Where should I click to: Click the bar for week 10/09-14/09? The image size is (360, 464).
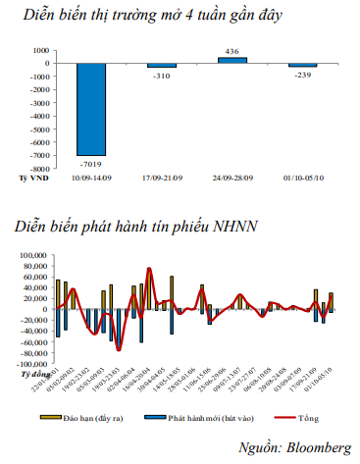(x=91, y=109)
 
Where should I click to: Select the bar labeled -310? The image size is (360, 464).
(x=162, y=65)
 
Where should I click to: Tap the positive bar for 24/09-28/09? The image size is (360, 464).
(x=232, y=60)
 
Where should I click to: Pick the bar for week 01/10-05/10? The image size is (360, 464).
(x=302, y=65)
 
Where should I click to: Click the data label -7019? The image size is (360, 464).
(x=91, y=163)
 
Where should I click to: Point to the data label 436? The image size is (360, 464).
(x=232, y=50)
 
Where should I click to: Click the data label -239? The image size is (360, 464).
(x=302, y=75)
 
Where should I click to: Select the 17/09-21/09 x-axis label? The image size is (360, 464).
(x=162, y=177)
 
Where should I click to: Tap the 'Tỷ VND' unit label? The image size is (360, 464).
(x=34, y=177)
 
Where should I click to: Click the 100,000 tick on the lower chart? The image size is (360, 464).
(x=33, y=255)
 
